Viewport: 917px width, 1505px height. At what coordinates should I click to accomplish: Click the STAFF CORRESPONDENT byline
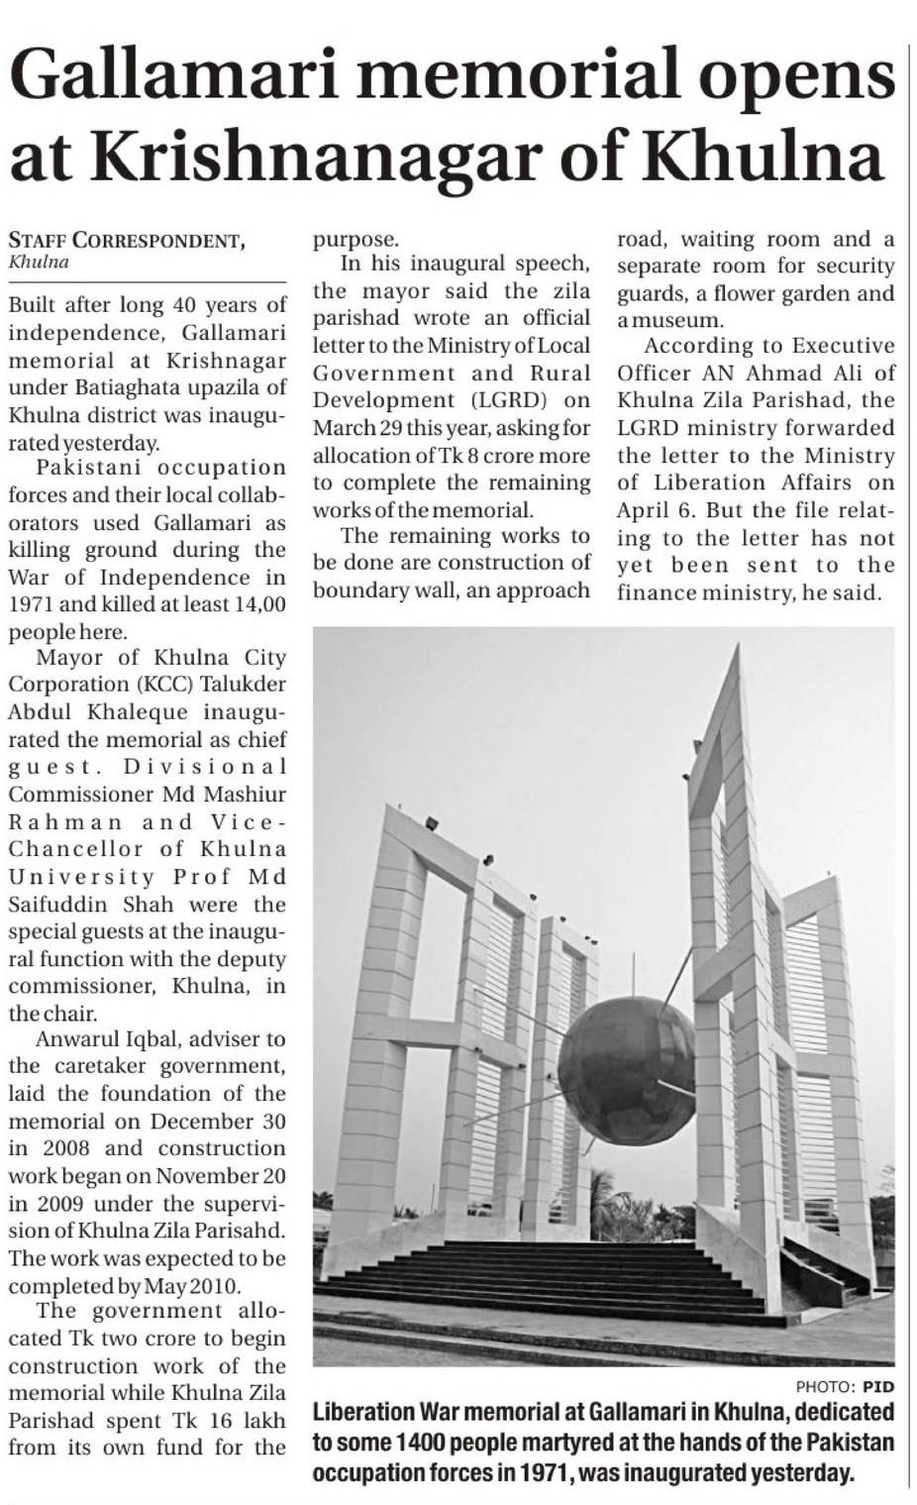point(125,240)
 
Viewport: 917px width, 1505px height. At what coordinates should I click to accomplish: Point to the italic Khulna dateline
point(39,263)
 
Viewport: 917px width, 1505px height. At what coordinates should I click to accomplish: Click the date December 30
point(219,1122)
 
